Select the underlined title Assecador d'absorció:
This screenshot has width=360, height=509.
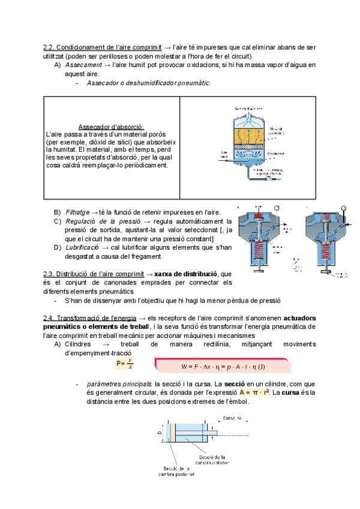tap(111, 127)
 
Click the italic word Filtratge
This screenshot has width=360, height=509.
tap(77, 212)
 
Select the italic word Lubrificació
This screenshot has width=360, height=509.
tap(82, 247)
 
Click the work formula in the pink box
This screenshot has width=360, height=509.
tap(223, 366)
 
